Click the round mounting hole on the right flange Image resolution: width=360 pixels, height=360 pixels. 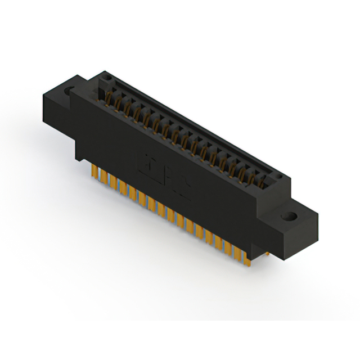(x=291, y=216)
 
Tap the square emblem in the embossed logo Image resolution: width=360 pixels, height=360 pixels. (x=147, y=163)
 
